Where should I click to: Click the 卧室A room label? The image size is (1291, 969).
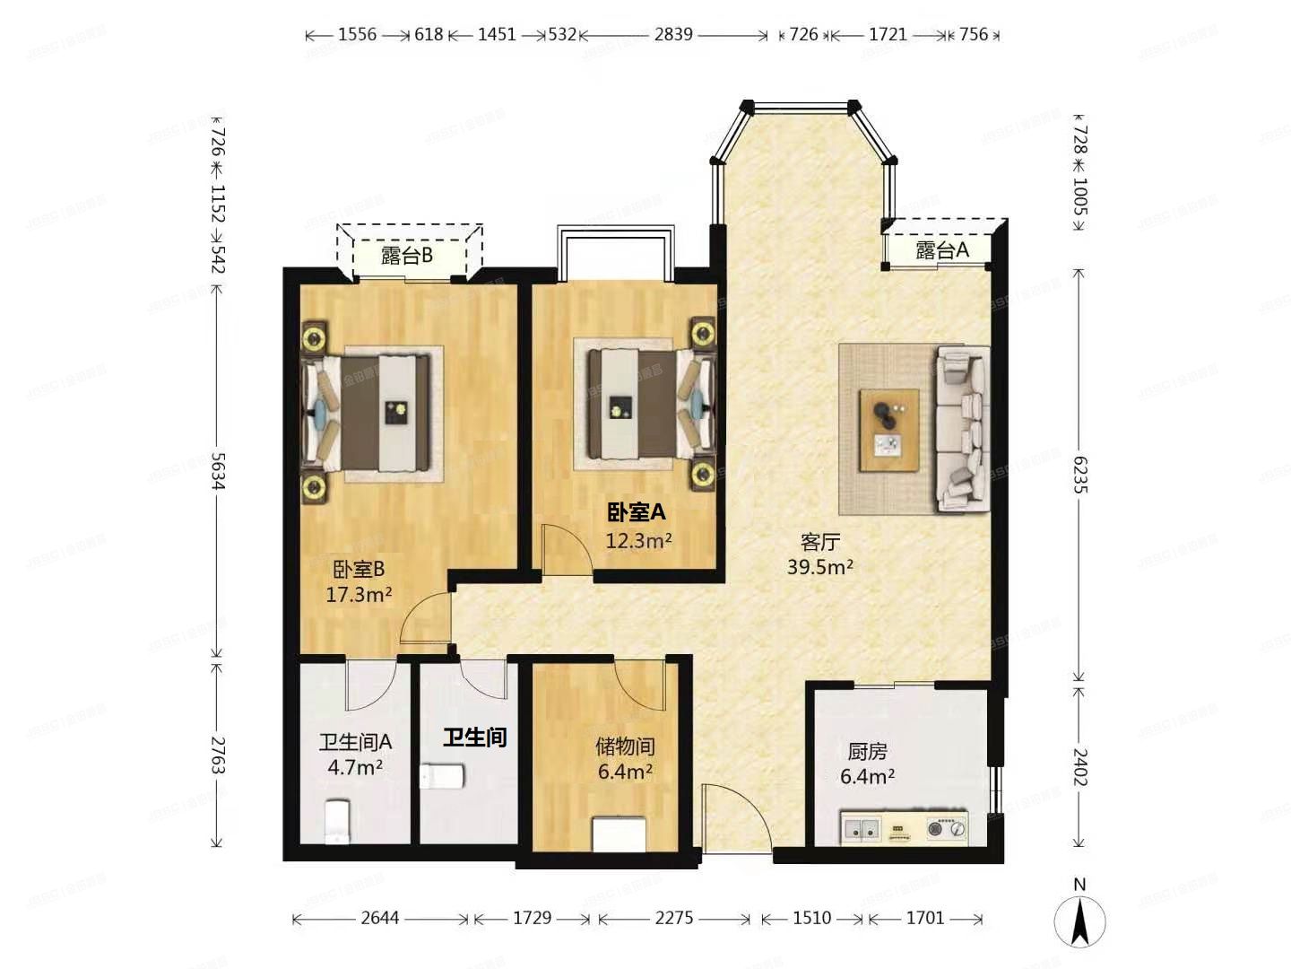click(637, 512)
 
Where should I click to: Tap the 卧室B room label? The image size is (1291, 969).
click(359, 569)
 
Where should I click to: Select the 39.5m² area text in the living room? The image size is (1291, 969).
click(819, 567)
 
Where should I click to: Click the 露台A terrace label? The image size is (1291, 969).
click(942, 250)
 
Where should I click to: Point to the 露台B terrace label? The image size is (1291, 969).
click(407, 256)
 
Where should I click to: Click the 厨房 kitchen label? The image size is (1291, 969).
click(867, 751)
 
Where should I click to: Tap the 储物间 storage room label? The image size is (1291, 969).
click(625, 746)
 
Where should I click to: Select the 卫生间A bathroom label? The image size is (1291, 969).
click(355, 742)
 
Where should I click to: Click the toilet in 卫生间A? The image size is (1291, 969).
click(336, 821)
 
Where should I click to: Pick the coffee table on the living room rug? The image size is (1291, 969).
click(888, 430)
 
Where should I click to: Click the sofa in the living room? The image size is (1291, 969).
click(962, 430)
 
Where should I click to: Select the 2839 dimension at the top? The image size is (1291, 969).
click(673, 34)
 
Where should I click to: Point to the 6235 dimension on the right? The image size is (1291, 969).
click(1079, 475)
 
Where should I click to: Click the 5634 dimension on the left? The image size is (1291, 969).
click(217, 470)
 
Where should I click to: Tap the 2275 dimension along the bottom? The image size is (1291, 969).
click(673, 918)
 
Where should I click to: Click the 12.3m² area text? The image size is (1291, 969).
click(638, 540)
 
